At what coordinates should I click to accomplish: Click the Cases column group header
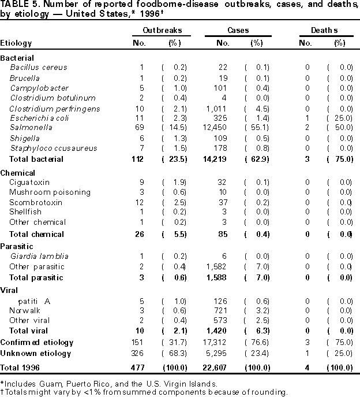pyautogui.click(x=236, y=29)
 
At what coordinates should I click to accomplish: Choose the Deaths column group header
pyautogui.click(x=326, y=29)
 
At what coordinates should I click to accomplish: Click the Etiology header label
pyautogui.click(x=16, y=43)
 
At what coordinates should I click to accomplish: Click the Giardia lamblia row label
pyautogui.click(x=39, y=257)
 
